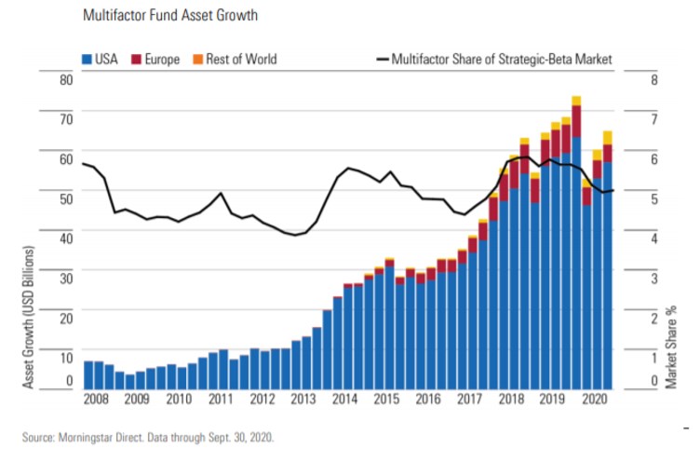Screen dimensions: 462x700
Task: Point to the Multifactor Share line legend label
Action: [x=502, y=60]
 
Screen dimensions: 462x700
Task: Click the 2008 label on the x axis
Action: [x=95, y=400]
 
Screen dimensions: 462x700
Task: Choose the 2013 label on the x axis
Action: [x=303, y=400]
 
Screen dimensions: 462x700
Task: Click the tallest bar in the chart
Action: [x=576, y=242]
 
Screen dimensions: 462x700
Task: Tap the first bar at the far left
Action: [x=88, y=374]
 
